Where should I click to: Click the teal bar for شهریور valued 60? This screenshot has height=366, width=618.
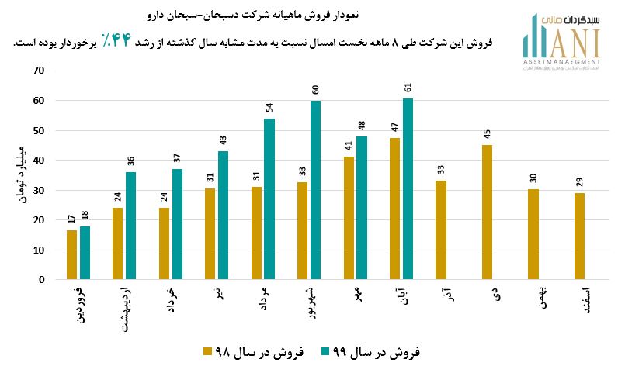pos(315,190)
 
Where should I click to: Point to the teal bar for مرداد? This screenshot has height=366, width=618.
pos(269,199)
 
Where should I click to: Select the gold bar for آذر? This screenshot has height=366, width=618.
pos(441,230)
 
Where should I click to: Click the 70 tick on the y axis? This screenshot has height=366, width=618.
pos(40,71)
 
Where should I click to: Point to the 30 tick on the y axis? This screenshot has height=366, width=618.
pos(40,190)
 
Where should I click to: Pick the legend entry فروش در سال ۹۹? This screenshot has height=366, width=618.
pos(370,352)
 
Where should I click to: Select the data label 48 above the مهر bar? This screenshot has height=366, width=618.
pos(361,126)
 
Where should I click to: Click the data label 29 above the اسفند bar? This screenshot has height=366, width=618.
pos(579,182)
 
